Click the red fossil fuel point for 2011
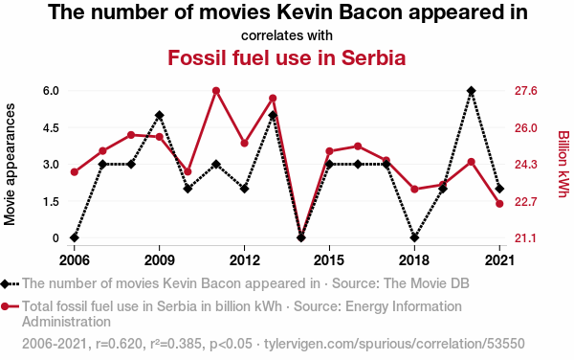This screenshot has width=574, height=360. [216, 91]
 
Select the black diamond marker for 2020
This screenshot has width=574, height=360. [471, 90]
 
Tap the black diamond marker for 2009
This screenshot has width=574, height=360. [159, 115]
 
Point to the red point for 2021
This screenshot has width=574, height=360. [499, 204]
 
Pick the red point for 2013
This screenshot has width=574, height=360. [273, 99]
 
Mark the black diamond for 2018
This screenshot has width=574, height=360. [414, 237]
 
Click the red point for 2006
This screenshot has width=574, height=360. [75, 172]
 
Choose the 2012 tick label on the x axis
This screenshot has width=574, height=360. [244, 260]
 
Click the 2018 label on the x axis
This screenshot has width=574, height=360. [414, 260]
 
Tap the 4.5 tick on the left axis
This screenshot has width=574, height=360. [51, 127]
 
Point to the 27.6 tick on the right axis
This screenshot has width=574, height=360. [525, 90]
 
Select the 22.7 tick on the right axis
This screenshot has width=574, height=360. [525, 201]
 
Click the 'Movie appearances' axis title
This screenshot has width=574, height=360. [10, 165]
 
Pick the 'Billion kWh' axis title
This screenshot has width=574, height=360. [563, 164]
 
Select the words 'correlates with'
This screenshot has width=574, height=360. [287, 35]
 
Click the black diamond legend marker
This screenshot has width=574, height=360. [5, 283]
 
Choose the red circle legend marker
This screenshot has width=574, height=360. [5, 306]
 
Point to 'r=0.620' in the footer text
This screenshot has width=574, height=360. [119, 344]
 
